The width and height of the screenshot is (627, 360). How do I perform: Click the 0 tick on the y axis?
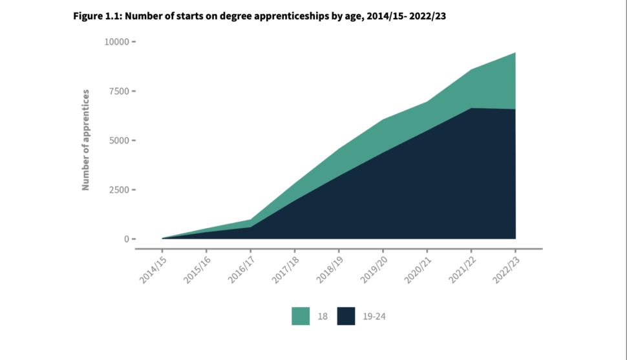(127, 239)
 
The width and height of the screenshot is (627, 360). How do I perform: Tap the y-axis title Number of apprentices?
(85, 140)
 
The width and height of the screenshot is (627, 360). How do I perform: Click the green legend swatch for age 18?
(301, 316)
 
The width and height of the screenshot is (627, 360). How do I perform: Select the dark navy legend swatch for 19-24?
(346, 316)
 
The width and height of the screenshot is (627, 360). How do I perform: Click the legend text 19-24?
(374, 316)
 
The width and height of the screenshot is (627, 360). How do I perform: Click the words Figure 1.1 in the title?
(97, 16)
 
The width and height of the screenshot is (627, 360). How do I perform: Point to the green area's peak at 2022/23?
(515, 53)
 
